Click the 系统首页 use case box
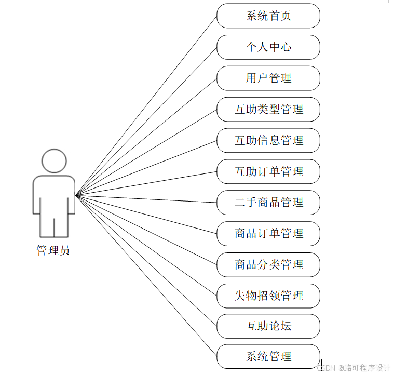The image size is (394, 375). (268, 16)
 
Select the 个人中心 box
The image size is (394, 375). (268, 47)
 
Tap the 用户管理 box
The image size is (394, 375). (268, 78)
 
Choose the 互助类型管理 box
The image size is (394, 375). (268, 110)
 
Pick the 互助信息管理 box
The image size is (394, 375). (268, 141)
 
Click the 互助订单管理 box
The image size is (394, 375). (268, 172)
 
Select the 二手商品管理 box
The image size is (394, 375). (268, 203)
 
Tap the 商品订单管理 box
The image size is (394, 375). (268, 234)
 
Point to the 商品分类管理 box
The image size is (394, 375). (268, 265)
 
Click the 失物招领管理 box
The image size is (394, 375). (268, 296)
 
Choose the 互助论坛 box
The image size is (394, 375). (268, 326)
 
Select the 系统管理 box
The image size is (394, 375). (268, 357)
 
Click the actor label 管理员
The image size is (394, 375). (53, 251)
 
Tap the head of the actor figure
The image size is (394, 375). (54, 161)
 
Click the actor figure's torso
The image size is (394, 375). (54, 195)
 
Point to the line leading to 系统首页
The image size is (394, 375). (146, 105)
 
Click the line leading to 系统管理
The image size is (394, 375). (146, 276)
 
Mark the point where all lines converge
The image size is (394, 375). (76, 195)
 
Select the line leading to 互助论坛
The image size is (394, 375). (146, 261)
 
